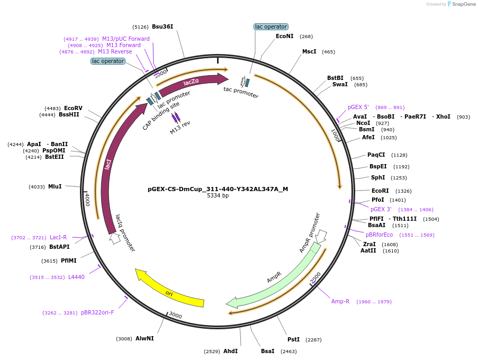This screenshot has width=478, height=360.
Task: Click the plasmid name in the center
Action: coord(218,189)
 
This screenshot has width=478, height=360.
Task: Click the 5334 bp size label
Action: coord(218,196)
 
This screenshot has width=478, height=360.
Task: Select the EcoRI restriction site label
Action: coord(380,191)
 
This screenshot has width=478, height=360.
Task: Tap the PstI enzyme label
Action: coord(293,339)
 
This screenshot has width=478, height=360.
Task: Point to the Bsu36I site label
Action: coord(163,26)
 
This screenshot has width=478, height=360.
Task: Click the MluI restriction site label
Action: coord(55,186)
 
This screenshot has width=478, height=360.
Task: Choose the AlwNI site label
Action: coord(145,338)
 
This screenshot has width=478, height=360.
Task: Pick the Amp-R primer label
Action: coord(340,301)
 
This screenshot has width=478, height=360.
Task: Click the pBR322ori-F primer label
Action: coord(97,312)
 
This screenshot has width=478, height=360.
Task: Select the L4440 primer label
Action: coord(76,277)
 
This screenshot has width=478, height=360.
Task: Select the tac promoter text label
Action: coord(241,92)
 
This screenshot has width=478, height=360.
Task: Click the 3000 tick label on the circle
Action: coord(175,316)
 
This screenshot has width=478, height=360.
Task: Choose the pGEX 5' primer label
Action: coord(358,107)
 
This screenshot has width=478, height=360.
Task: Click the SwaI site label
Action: coord(340,85)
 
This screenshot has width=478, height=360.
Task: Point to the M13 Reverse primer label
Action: coord(115,51)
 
